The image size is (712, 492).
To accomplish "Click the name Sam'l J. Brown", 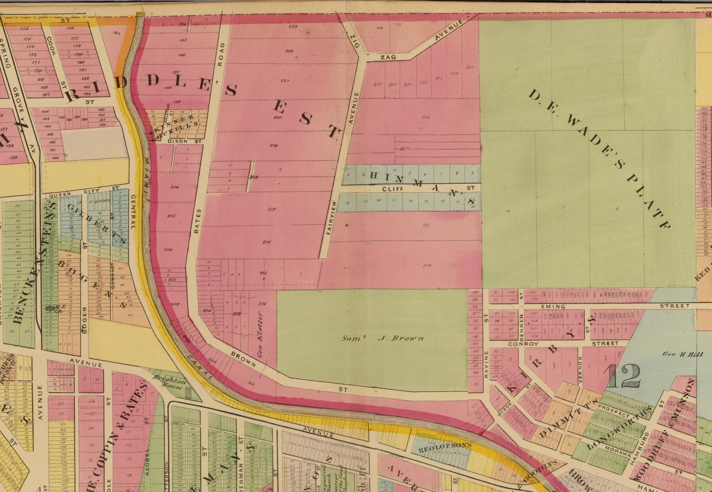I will [x=383, y=338].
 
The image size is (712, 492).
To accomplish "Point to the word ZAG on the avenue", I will [x=388, y=57].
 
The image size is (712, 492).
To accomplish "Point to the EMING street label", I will [x=553, y=307].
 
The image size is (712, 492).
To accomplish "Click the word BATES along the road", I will [x=198, y=220].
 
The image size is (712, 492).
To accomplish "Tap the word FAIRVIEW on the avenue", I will [x=330, y=217].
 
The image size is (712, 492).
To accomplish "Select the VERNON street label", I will [x=580, y=369].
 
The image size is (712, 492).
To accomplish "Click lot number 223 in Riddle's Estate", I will [x=292, y=27].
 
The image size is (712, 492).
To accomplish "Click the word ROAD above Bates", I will [x=221, y=54].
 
